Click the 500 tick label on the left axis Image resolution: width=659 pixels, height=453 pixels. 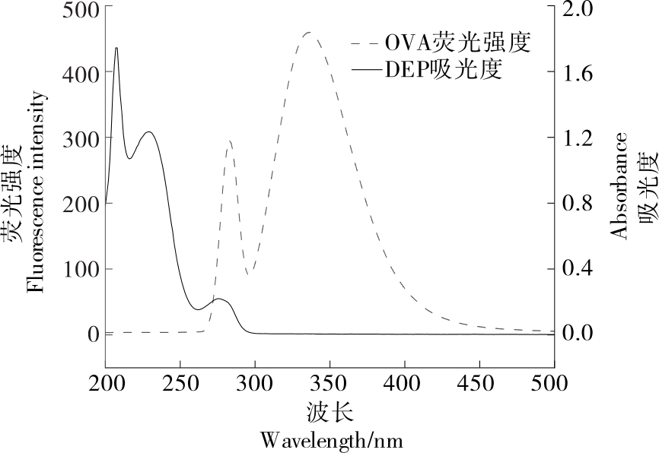[x=81, y=9]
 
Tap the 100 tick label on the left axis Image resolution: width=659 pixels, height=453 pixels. [x=81, y=269]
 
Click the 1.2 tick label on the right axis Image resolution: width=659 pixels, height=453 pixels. [x=581, y=139]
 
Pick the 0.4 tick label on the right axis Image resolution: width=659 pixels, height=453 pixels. [x=581, y=269]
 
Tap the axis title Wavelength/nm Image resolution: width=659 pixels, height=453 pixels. [x=331, y=440]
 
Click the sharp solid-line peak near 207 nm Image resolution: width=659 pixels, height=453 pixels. [x=116, y=48]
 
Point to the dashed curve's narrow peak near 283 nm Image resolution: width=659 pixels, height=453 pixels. [x=229, y=141]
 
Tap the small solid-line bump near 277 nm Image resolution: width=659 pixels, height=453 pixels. [x=220, y=299]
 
